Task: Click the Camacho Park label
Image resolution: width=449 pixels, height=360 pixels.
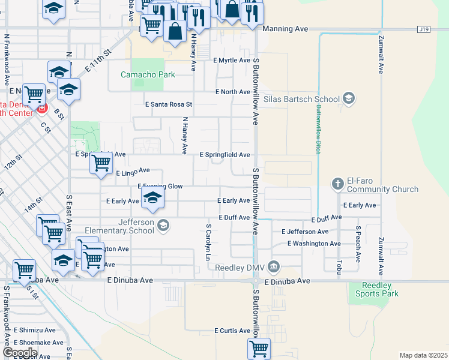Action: pos(148,75)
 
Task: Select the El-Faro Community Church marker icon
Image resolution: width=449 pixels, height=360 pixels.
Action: pos(338,182)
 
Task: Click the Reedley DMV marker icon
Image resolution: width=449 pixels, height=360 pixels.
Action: pos(274,266)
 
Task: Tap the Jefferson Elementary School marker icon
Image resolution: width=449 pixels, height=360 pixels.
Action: pos(164,226)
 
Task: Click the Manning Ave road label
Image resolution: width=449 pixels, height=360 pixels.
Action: pos(285,29)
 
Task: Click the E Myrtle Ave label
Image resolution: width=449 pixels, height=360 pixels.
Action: pos(232,61)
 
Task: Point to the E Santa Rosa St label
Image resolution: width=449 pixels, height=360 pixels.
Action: pos(169,104)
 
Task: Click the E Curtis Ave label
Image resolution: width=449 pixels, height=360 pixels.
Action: pos(232,331)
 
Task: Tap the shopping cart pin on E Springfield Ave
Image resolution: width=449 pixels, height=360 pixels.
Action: pos(101,163)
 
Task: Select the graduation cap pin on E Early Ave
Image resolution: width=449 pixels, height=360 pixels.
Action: pos(153,198)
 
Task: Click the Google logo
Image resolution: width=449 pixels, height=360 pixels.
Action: pos(19,353)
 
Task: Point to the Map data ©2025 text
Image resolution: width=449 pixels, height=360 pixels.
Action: pos(424,355)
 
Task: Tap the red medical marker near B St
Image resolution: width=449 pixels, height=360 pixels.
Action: pos(41,109)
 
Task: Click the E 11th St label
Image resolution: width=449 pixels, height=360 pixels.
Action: pos(98,61)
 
